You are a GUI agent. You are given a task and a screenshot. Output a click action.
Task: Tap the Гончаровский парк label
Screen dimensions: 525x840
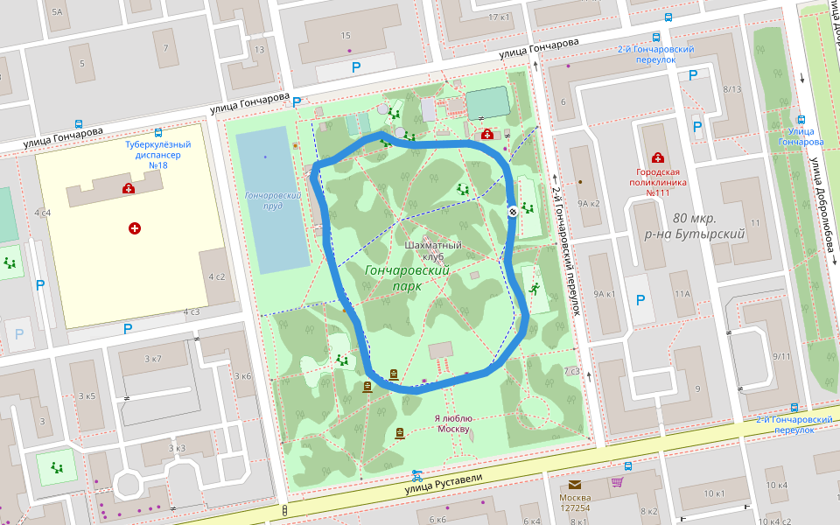point(407,278)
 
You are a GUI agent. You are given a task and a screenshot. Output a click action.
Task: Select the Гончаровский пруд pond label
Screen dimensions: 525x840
point(273,201)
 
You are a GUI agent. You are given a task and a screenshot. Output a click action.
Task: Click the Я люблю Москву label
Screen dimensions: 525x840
point(453,423)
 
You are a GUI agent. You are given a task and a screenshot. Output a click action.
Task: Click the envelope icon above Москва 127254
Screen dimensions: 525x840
point(574,485)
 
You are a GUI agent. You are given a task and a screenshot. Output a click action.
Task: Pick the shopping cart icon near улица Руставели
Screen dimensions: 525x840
point(617,481)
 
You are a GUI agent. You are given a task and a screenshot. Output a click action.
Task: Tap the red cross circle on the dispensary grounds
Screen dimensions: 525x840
point(135,228)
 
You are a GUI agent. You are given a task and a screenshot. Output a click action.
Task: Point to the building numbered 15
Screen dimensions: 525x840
point(346,36)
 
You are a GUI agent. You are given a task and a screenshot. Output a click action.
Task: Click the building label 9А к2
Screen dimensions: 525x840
point(588,203)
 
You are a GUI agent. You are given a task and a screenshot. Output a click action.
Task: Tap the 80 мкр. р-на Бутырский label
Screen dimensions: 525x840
point(707,226)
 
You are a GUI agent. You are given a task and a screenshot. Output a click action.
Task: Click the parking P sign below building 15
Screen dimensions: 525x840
point(355,67)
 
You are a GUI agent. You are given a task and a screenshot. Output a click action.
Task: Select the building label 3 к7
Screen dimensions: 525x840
point(153,359)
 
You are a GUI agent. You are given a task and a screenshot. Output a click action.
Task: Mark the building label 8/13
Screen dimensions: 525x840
point(732,89)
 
